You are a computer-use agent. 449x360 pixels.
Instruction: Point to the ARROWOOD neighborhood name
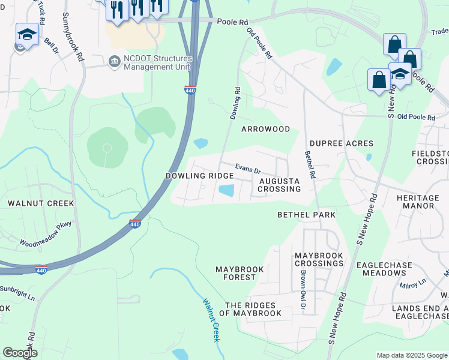point(265,129)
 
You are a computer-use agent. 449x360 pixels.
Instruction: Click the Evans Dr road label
point(247,169)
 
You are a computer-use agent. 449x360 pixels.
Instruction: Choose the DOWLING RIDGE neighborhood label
point(199,176)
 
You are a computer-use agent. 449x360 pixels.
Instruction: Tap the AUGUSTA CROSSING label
point(279,184)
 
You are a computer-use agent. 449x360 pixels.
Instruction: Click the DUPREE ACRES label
point(342,143)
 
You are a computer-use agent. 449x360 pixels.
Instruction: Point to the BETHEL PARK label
point(306,214)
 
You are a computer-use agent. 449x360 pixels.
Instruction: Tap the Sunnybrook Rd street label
point(71,36)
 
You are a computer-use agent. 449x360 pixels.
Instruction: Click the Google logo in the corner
point(20,353)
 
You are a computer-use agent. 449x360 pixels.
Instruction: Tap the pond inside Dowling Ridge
point(226,191)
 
